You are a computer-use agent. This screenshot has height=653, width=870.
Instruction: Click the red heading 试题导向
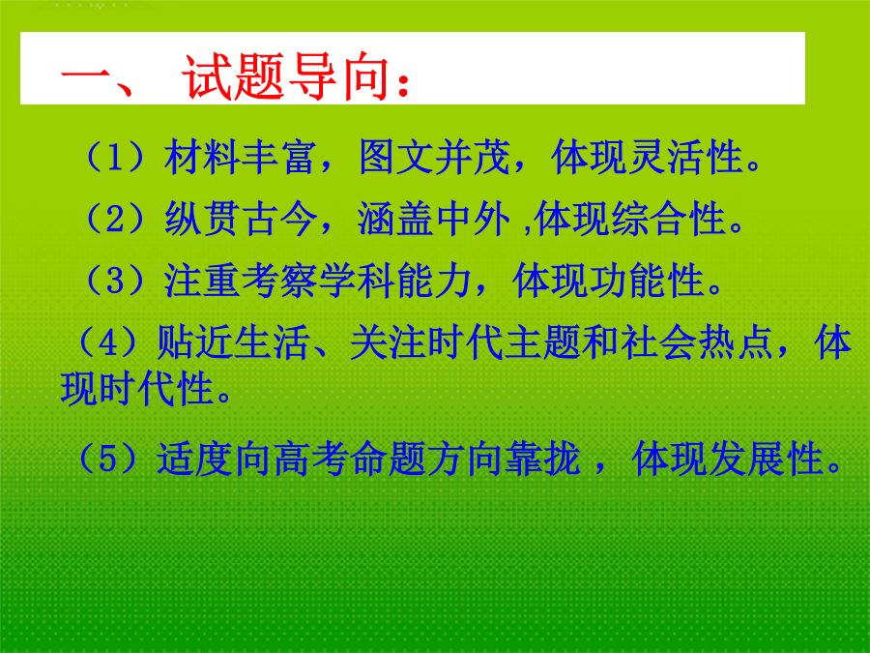[x=284, y=77]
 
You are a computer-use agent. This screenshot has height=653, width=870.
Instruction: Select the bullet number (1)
[x=114, y=157]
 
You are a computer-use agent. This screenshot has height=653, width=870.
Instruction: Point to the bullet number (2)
[x=114, y=219]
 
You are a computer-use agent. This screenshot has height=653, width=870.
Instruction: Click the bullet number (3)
[x=114, y=280]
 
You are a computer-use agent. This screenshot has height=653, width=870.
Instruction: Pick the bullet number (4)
[x=107, y=341]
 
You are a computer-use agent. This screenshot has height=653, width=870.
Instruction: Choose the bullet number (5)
[x=107, y=459]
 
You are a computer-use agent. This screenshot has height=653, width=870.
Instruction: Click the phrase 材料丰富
[x=241, y=157]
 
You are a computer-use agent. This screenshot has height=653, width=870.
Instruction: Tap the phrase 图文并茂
[x=434, y=157]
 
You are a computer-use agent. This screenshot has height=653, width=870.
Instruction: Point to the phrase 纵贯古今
[x=241, y=219]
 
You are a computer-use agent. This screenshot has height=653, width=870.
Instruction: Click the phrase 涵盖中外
[x=433, y=219]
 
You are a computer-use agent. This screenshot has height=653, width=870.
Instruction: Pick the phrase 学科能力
[x=395, y=280]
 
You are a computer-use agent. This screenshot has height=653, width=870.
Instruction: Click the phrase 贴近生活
[x=233, y=341]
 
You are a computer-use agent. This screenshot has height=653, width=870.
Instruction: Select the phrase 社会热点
[x=697, y=341]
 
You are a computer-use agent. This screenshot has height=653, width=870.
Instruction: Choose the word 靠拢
[x=542, y=459]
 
